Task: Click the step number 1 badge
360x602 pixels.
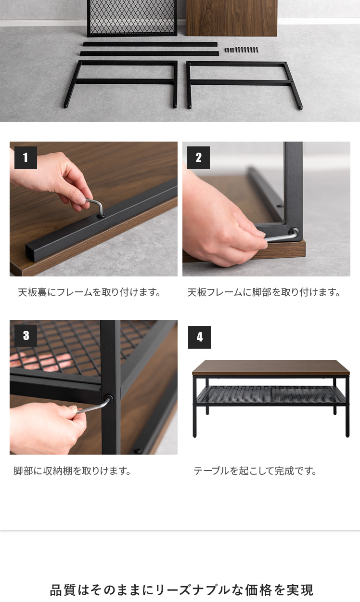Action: point(26,157)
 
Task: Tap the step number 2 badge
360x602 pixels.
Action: point(198,157)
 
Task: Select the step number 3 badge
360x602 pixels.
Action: point(26,336)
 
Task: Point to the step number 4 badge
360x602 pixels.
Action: point(199,337)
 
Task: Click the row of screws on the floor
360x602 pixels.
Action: point(241,50)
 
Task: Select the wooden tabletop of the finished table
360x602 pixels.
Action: point(271,367)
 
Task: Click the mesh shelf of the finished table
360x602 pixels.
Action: point(271,394)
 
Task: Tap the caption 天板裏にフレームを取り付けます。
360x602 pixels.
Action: point(89,292)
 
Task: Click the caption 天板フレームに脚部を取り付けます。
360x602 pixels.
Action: point(264,292)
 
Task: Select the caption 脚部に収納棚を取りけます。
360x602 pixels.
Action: point(72,471)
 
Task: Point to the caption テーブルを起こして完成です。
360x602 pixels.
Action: point(255,471)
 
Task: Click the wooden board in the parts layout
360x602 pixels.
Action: point(231,18)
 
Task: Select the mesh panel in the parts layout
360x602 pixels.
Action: point(132,18)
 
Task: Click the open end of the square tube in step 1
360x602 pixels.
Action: point(31,254)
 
